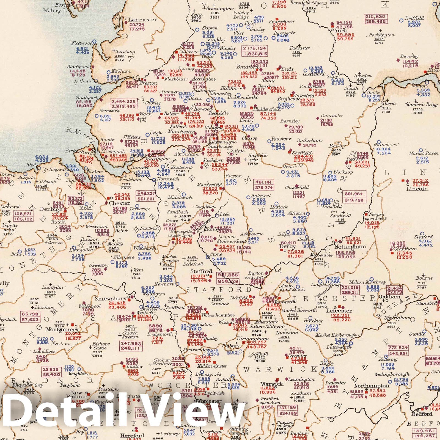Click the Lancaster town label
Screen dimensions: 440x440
142,20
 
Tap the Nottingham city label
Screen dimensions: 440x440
350,247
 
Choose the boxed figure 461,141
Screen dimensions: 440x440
264,182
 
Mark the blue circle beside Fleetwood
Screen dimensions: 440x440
94,42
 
